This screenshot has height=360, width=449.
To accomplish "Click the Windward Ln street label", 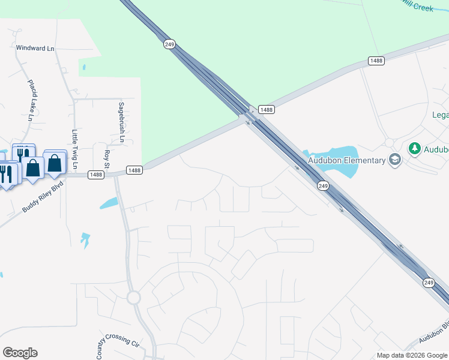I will [35, 47].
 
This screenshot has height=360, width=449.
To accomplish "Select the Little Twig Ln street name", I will [75, 149].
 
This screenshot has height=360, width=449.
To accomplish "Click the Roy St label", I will [107, 158].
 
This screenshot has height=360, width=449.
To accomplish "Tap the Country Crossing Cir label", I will [118, 339].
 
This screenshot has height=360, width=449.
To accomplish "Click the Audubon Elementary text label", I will [346, 160].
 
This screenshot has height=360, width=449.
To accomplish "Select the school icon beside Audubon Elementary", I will [394, 160].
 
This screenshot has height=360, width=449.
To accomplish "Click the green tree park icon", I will [414, 148].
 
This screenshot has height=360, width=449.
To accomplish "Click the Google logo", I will [20, 353].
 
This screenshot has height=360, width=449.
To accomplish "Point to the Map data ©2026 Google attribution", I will [412, 355].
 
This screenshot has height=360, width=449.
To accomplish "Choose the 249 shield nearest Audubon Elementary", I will [323, 186].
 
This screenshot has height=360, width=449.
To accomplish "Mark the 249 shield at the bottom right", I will [429, 282].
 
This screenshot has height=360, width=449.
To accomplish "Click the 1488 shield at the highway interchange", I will [267, 109].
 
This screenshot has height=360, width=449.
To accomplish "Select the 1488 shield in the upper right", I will [376, 61].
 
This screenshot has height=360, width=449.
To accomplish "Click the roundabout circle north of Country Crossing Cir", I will [133, 297].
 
